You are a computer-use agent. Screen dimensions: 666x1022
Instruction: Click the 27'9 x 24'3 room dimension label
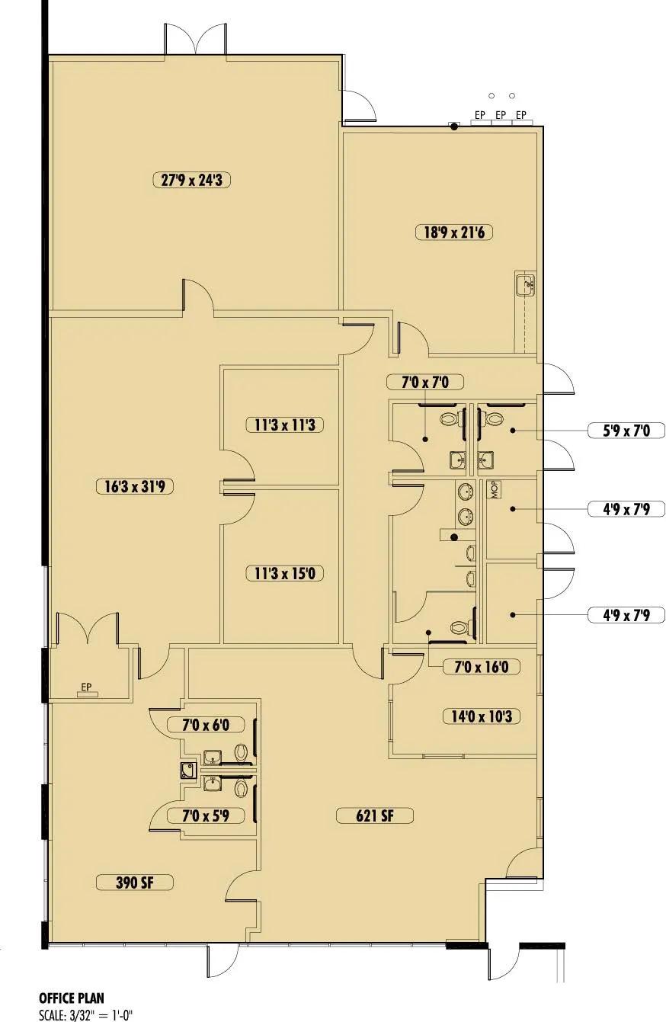tap(191, 180)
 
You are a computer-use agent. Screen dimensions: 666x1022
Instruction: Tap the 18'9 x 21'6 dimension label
tap(453, 232)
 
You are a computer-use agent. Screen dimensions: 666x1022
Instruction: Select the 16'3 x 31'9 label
tap(135, 486)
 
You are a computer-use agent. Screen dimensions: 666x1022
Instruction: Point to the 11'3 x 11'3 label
tap(284, 424)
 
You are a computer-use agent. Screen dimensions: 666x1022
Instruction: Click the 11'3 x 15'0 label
tap(284, 572)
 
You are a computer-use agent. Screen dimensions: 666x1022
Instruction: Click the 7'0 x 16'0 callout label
tap(482, 667)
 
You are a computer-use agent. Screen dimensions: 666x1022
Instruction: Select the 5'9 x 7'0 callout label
tap(626, 431)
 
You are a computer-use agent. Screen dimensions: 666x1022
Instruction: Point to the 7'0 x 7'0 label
tap(424, 382)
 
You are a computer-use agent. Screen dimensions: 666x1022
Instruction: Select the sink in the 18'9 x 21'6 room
tap(526, 284)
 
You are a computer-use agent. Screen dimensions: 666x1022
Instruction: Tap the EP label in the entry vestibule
tap(86, 687)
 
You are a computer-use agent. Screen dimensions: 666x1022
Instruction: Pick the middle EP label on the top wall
tap(501, 115)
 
